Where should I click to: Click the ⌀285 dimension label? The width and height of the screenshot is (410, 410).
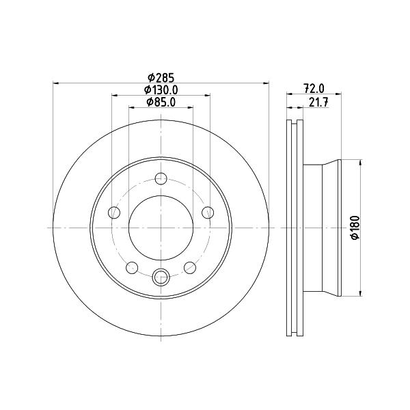(x=161, y=78)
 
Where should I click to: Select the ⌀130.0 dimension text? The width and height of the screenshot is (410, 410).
(x=161, y=90)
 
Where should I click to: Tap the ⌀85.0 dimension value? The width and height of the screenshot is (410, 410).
(x=161, y=102)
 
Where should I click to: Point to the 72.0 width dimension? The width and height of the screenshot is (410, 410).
(x=314, y=88)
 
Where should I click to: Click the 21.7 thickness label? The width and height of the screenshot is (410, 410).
(x=318, y=102)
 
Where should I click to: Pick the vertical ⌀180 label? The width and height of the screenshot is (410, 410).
(x=355, y=228)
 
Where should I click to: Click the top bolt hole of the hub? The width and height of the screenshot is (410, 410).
(x=161, y=179)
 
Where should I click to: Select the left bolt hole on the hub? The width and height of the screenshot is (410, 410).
(x=114, y=213)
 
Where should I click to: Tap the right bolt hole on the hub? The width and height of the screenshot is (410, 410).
(x=208, y=213)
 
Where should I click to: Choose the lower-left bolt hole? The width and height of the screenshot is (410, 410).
(x=132, y=267)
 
